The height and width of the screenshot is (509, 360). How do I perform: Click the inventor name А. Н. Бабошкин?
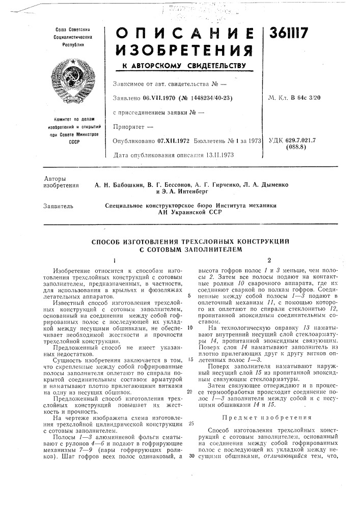click(120, 186)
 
